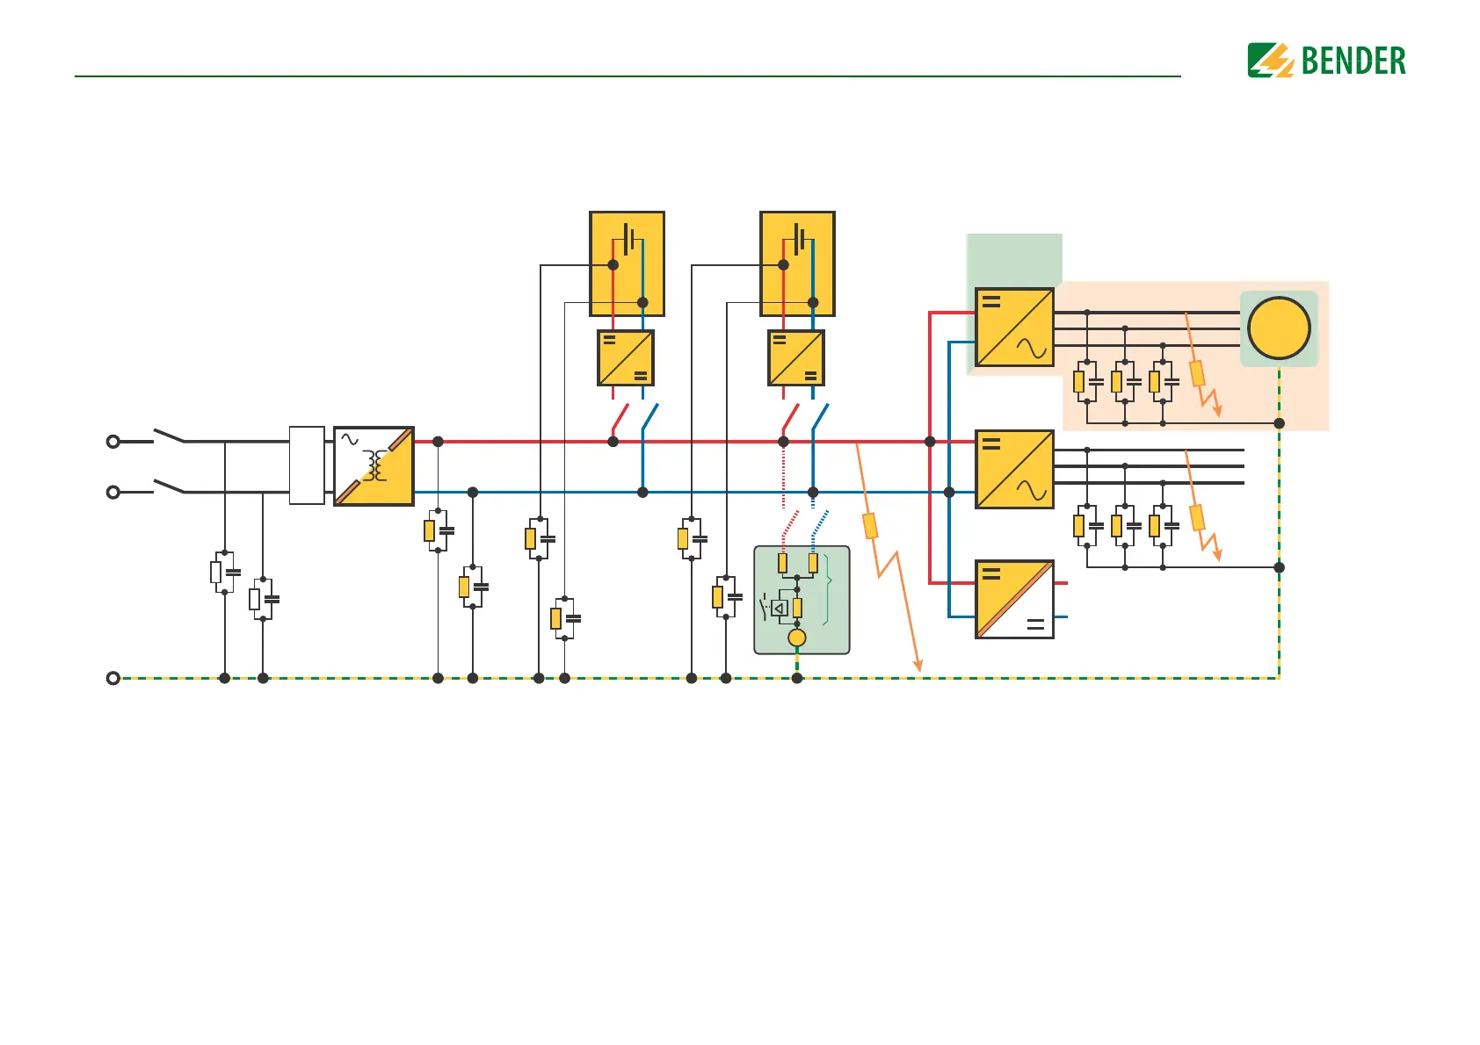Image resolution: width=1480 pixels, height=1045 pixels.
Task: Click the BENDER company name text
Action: pos(1353,61)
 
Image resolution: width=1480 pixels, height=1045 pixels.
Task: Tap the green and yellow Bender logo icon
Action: pos(1271,61)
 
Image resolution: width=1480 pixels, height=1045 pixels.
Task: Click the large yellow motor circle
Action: pos(1279,328)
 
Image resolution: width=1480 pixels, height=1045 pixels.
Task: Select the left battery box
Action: pos(627,263)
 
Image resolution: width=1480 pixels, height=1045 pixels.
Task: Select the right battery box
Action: pos(797,263)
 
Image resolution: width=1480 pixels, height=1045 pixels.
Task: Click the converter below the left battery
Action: pos(626,358)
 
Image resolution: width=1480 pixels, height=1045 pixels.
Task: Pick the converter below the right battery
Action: pos(796,358)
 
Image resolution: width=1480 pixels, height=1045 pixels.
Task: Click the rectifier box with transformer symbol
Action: pos(374,466)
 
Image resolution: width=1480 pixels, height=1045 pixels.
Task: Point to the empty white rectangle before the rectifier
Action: pos(307,465)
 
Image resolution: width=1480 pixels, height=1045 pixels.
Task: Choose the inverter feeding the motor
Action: pos(1014,328)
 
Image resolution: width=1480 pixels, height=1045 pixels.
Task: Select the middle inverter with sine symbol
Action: pos(1014,470)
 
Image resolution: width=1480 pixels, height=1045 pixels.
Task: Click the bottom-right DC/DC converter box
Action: pos(1014,600)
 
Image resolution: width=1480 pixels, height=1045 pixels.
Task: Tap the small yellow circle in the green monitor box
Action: pos(797,638)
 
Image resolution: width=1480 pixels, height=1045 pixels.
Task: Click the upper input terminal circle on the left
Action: pos(113,442)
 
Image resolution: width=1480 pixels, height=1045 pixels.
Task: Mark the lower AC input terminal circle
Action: pos(113,493)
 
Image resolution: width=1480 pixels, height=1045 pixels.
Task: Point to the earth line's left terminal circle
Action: pos(113,678)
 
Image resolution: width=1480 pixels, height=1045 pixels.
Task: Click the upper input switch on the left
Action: pos(169,436)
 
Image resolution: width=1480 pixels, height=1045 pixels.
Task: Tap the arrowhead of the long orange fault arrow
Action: pos(918,667)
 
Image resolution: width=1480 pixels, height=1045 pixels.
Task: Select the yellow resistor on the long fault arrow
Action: pos(870,526)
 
